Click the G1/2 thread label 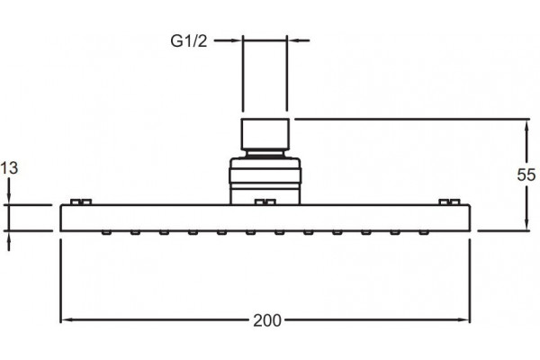tap(189, 41)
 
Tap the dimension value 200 tap(267, 320)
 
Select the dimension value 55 tap(526, 175)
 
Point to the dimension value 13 tap(9, 168)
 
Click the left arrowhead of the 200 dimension tap(67, 320)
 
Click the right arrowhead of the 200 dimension tap(464, 320)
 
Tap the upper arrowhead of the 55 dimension tap(526, 125)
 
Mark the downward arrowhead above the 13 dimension tap(9, 199)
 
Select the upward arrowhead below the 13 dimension tap(9, 237)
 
